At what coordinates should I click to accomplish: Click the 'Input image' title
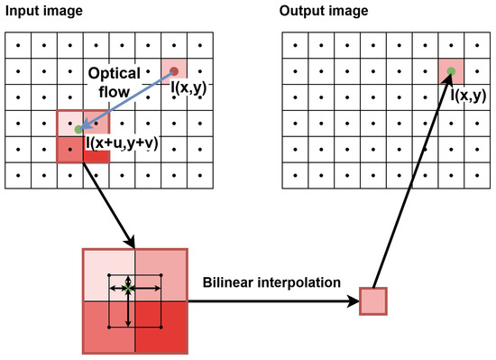point(45,11)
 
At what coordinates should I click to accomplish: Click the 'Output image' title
point(323,11)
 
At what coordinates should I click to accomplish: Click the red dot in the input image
point(175,70)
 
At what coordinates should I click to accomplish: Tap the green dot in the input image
point(79,129)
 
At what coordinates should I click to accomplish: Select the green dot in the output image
point(448,70)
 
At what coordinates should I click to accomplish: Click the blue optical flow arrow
point(126,100)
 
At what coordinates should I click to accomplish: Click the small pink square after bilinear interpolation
point(373,300)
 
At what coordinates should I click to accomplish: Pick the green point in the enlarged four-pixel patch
point(129,291)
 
